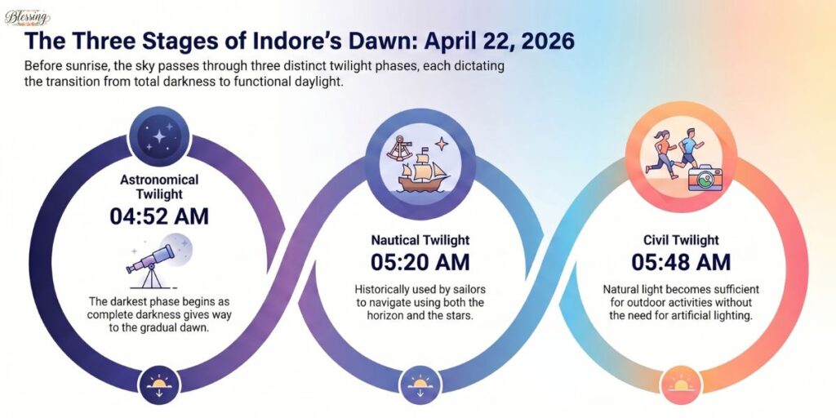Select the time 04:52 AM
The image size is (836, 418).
click(159, 216)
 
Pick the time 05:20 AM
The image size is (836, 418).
click(420, 263)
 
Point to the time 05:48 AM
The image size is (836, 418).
click(681, 262)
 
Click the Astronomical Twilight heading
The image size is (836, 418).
click(159, 186)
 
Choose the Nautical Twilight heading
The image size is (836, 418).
click(420, 241)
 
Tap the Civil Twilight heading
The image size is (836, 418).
click(681, 240)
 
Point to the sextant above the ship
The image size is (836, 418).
click(399, 149)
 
